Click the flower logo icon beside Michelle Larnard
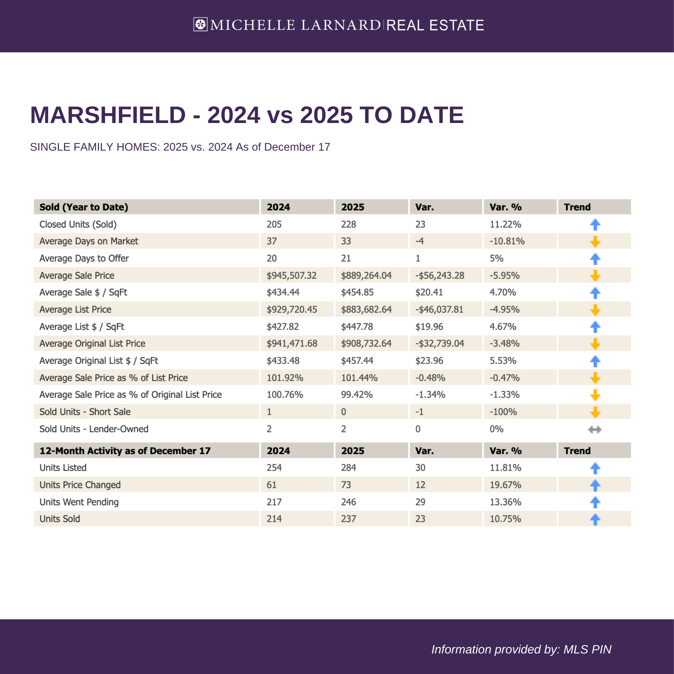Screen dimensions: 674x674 pos(200,24)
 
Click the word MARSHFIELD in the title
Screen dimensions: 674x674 pos(108,115)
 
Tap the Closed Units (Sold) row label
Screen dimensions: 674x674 pos(78,224)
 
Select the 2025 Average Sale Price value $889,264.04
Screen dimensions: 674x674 pos(366,276)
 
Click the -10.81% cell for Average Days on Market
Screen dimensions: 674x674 pos(507,241)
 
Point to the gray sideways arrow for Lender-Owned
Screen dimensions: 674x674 pos(594,429)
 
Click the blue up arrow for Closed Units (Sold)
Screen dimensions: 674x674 pos(595,225)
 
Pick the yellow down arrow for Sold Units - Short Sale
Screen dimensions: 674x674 pos(595,412)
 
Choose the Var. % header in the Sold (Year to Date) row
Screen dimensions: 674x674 pos(505,207)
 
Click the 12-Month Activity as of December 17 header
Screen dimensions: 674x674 pos(125,451)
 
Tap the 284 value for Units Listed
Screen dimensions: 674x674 pos(348,467)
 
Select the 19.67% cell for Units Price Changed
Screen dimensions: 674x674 pos(505,485)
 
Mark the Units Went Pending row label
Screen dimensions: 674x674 pos(79,502)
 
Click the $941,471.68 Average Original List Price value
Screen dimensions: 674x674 pos(292,344)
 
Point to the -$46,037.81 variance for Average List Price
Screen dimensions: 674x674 pos(439,309)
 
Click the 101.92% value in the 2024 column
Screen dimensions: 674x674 pos(285,378)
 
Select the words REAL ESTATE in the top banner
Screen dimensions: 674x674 pos(435,25)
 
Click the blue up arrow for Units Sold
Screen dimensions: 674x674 pos(595,519)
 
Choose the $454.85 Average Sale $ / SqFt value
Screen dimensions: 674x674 pos(357,292)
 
